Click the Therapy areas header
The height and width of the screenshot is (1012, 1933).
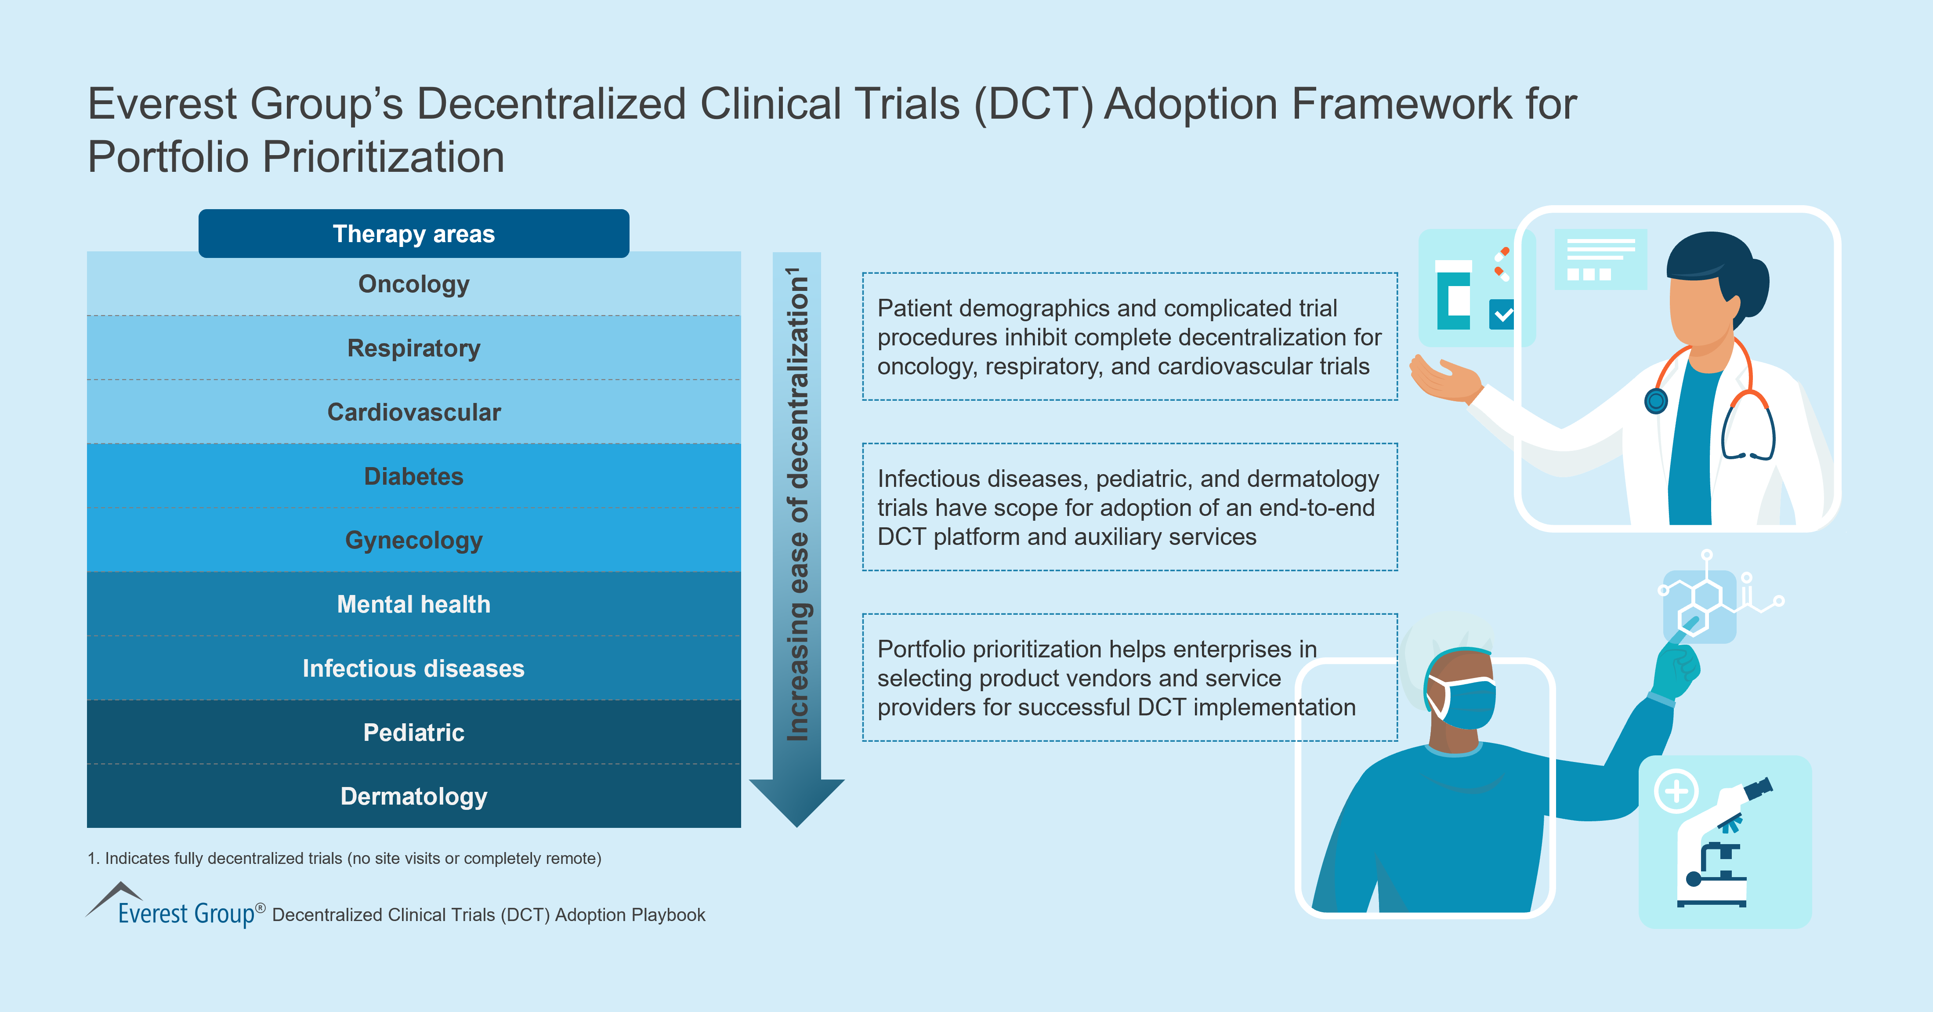[413, 233]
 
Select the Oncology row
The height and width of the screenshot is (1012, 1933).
[413, 284]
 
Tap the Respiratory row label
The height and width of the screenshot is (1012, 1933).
[413, 348]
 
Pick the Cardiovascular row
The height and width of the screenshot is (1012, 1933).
[413, 412]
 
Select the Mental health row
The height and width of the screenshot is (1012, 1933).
[413, 604]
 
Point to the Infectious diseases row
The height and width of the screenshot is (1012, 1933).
[413, 668]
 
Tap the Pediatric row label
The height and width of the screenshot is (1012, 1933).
[413, 733]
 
